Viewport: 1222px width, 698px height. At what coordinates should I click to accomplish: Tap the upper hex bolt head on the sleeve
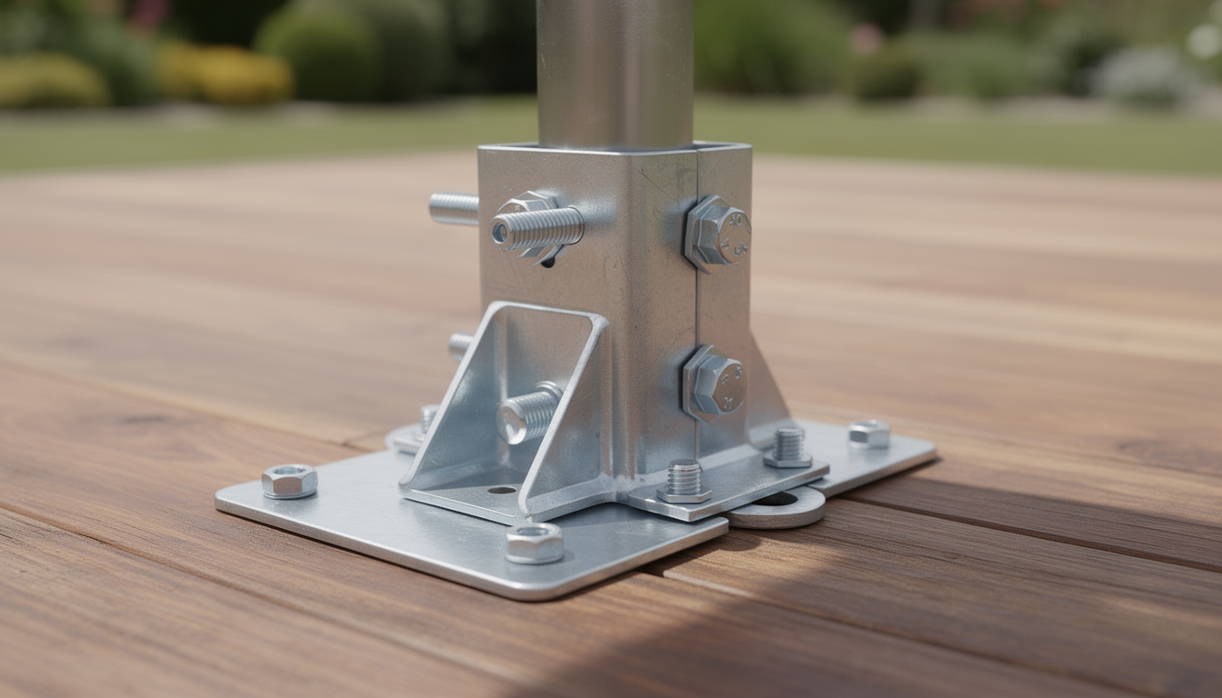pos(717,233)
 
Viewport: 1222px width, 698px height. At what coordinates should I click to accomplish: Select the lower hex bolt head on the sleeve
pos(715,383)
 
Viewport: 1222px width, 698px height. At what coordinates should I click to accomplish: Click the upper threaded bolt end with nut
pos(536,228)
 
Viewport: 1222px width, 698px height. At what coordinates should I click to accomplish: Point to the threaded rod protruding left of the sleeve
pos(454,209)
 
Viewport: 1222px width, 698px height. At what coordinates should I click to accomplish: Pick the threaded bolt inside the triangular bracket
pos(529,413)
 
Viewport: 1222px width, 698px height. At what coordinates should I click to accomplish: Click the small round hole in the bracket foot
pos(501,489)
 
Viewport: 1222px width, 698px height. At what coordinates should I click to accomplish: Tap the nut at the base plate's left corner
pos(289,481)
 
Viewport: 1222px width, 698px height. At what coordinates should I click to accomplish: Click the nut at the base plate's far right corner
pos(869,434)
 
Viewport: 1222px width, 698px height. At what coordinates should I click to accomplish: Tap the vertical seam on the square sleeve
pos(696,300)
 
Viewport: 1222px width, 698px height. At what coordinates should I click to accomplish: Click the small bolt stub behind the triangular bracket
pos(461,345)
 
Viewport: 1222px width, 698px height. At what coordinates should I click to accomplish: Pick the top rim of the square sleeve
pos(615,147)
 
